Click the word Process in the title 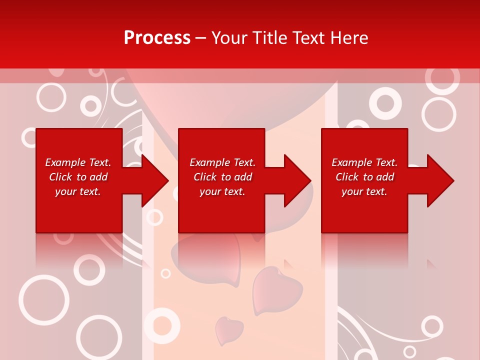(x=157, y=38)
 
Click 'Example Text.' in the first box (x=78, y=162)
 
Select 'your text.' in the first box (x=78, y=191)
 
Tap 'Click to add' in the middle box (x=222, y=177)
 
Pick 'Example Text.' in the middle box (x=222, y=162)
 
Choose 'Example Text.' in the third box (x=364, y=162)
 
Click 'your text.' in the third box (x=364, y=191)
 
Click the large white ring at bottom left (x=43, y=299)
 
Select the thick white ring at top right (x=385, y=103)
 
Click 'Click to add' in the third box (x=364, y=177)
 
